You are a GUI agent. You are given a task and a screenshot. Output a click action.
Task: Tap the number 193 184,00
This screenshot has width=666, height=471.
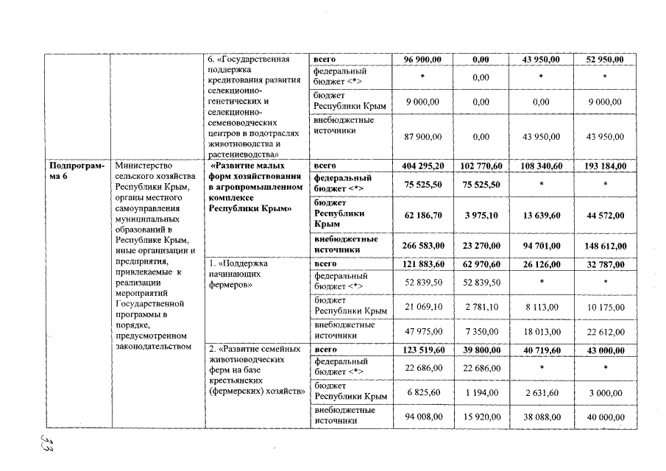point(606,167)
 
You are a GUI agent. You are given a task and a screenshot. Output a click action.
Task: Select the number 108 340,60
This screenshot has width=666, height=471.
point(540,167)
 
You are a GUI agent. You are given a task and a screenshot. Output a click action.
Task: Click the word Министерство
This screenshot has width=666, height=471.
point(142,166)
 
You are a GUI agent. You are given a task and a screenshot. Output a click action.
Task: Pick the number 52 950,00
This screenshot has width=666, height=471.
point(606,59)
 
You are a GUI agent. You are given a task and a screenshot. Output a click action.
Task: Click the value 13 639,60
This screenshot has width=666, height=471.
point(540,215)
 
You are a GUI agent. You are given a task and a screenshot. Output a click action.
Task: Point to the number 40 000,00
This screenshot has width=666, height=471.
point(606,417)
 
